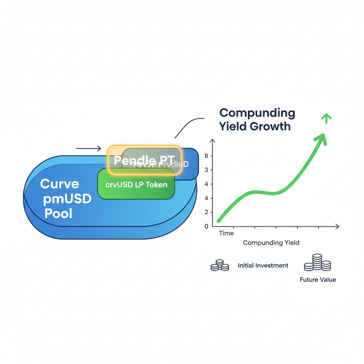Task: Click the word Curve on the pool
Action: [59, 184]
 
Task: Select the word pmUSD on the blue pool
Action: [67, 199]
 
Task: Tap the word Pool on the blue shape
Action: [58, 214]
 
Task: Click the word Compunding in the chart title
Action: [257, 113]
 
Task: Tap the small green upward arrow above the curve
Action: [326, 118]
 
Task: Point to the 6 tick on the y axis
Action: [206, 156]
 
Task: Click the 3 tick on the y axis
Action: [206, 170]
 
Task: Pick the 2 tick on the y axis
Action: [206, 212]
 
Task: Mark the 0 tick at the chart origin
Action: [206, 226]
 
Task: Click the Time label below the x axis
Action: [226, 234]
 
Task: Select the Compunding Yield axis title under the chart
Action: [271, 243]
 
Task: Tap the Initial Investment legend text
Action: [263, 266]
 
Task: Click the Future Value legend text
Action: [317, 280]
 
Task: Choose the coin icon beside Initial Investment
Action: [219, 266]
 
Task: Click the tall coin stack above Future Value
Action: [317, 263]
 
